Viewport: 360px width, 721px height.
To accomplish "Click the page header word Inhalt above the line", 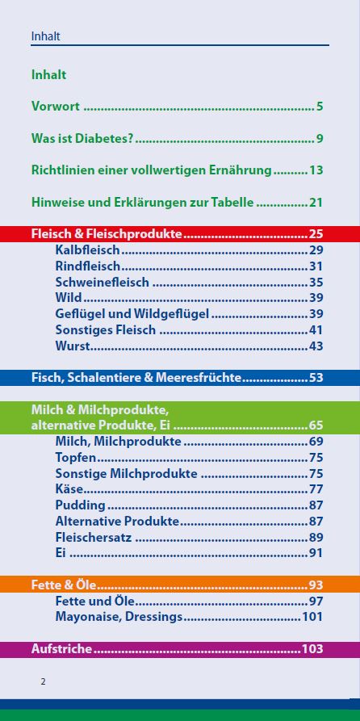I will [x=45, y=36].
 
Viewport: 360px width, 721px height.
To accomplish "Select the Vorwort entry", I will [x=57, y=107].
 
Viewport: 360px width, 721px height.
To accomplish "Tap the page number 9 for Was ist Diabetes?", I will [x=320, y=139].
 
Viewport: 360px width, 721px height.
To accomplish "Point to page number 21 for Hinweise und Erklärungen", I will [x=316, y=202].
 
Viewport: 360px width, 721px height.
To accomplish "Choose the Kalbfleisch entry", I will [x=87, y=250].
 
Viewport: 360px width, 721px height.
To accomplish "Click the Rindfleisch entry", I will [x=88, y=266].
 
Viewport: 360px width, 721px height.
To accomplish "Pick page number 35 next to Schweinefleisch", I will [x=316, y=283].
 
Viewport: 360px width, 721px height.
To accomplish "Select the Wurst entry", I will [x=72, y=346].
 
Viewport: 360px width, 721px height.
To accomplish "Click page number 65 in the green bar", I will [x=316, y=425].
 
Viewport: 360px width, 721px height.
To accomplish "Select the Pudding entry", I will [x=80, y=505].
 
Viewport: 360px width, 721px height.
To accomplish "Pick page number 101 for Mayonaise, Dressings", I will [x=312, y=617].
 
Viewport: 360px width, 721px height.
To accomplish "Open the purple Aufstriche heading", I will [x=61, y=648].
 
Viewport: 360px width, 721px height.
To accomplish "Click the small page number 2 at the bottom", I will [x=44, y=681].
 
